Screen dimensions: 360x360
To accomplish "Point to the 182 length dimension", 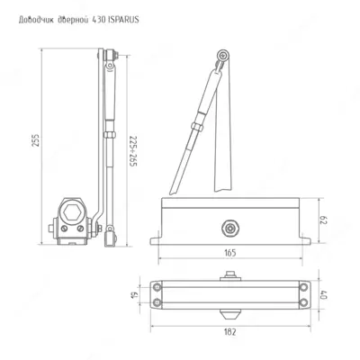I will [x=232, y=332].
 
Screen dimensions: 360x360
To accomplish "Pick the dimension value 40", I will [x=325, y=293].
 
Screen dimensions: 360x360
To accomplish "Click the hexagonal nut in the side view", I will [x=73, y=214].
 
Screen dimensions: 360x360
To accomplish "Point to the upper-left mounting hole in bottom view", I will [x=160, y=286].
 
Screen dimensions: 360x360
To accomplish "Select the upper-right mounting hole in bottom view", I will [x=305, y=286].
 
